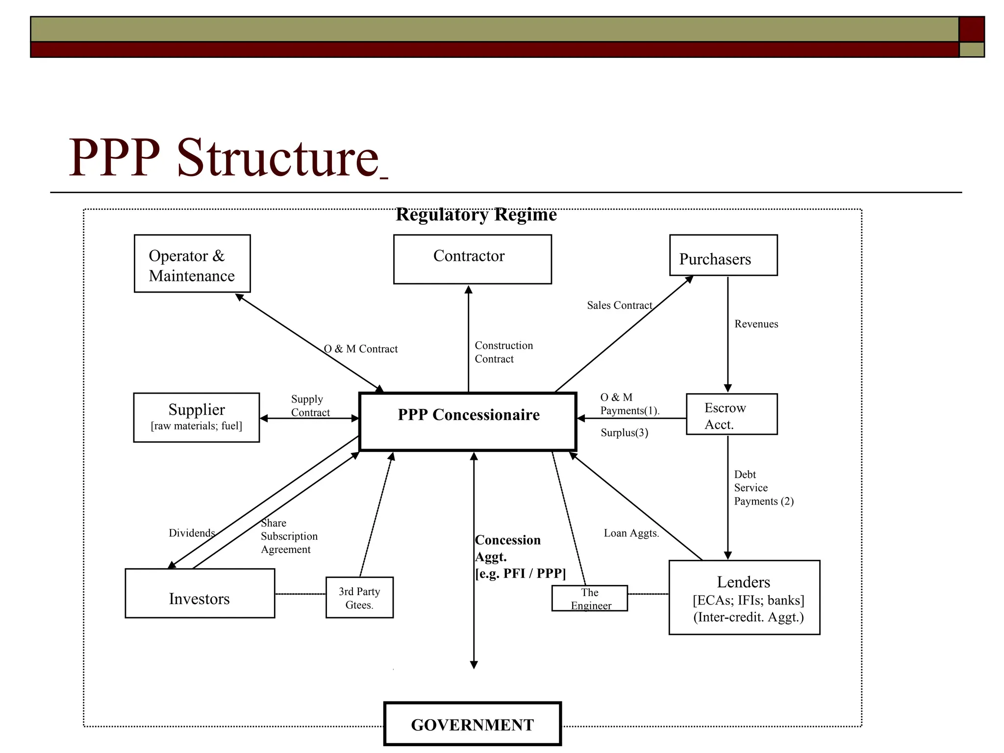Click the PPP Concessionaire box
[468, 422]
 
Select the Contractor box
[472, 259]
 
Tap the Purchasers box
[723, 255]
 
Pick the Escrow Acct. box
[731, 414]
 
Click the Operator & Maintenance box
[192, 264]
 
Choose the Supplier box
[196, 417]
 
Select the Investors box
[200, 593]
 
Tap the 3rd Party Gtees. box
[359, 598]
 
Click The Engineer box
[589, 598]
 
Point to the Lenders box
[744, 598]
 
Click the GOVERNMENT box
[472, 724]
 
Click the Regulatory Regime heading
[476, 215]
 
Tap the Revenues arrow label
[756, 324]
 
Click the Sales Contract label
[619, 305]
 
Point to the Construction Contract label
[503, 352]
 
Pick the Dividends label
[192, 533]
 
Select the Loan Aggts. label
[631, 533]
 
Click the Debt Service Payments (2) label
[763, 488]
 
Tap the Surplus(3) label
[624, 433]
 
